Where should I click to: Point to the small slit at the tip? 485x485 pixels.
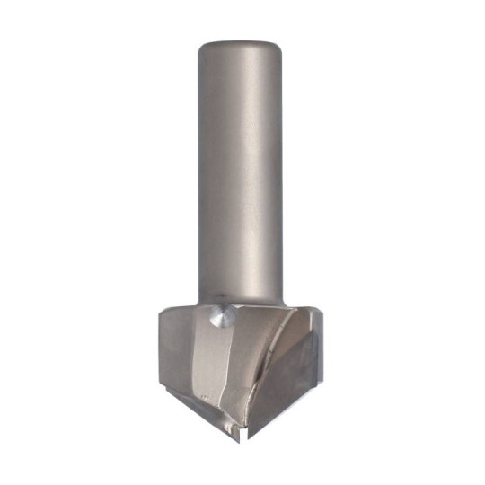(x=239, y=430)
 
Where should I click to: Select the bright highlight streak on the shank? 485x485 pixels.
(x=225, y=171)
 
